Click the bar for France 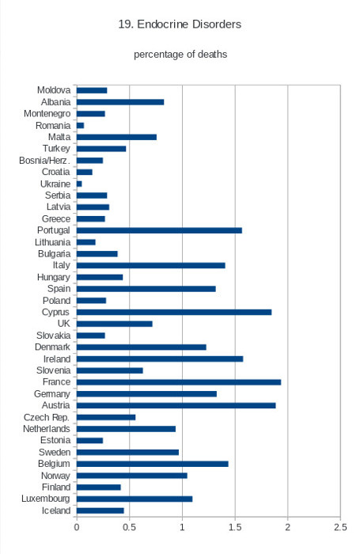tap(179, 382)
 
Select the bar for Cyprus tap(174, 312)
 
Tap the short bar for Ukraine tap(79, 184)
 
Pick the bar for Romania tap(80, 125)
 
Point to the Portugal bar tap(159, 230)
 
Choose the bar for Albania tap(120, 102)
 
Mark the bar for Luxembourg tap(135, 499)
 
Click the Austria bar tap(176, 405)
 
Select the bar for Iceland tap(100, 510)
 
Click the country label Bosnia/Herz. tap(44, 161)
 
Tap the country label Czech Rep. tap(47, 417)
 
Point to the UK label tap(64, 324)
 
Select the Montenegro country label tap(47, 114)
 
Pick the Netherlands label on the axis tap(47, 429)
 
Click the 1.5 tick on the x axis tap(235, 527)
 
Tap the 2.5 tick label tap(340, 527)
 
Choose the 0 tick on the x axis tap(77, 527)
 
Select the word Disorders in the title tap(217, 24)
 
